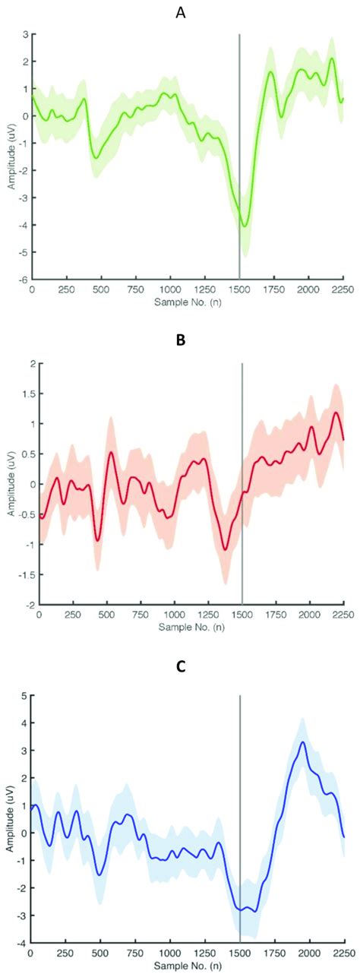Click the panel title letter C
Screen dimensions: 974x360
pos(180,667)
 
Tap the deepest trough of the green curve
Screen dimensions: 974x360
pos(244,226)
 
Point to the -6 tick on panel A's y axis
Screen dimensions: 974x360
pos(24,279)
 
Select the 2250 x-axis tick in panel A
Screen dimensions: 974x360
pos(343,289)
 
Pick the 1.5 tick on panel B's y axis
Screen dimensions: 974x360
pos(26,394)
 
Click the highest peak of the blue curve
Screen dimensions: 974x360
pos(302,742)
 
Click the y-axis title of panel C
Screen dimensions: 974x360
pos(8,820)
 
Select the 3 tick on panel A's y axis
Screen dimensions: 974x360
pos(25,34)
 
